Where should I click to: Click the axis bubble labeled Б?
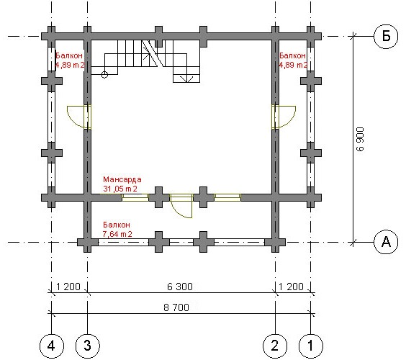coord(386,36)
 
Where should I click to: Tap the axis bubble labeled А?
coord(386,243)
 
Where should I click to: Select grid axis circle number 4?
coord(52,346)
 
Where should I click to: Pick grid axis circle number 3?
coord(88,346)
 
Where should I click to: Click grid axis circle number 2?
coord(275,346)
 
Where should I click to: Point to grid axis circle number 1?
coord(311,346)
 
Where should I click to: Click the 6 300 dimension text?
coord(180,287)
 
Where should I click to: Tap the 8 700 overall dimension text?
coord(176,307)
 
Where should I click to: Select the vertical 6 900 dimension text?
coord(360,139)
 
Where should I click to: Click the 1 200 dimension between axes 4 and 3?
coord(68,287)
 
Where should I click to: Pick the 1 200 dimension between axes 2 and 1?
coord(291,287)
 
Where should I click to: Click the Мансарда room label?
coord(122,179)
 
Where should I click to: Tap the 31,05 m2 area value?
coord(120,189)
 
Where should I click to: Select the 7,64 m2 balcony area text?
coord(117,234)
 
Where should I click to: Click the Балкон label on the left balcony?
coord(69,55)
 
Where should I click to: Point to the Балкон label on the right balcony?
coord(292,55)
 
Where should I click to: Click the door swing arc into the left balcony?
coord(71,120)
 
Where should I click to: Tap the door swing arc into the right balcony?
coord(292,120)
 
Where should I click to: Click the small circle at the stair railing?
coord(104,75)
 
